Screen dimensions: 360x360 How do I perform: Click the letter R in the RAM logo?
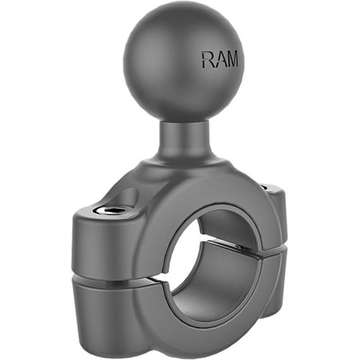tap(207, 61)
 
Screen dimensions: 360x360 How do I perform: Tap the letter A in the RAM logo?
tap(219, 61)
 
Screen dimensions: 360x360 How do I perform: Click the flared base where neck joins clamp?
tap(183, 165)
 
